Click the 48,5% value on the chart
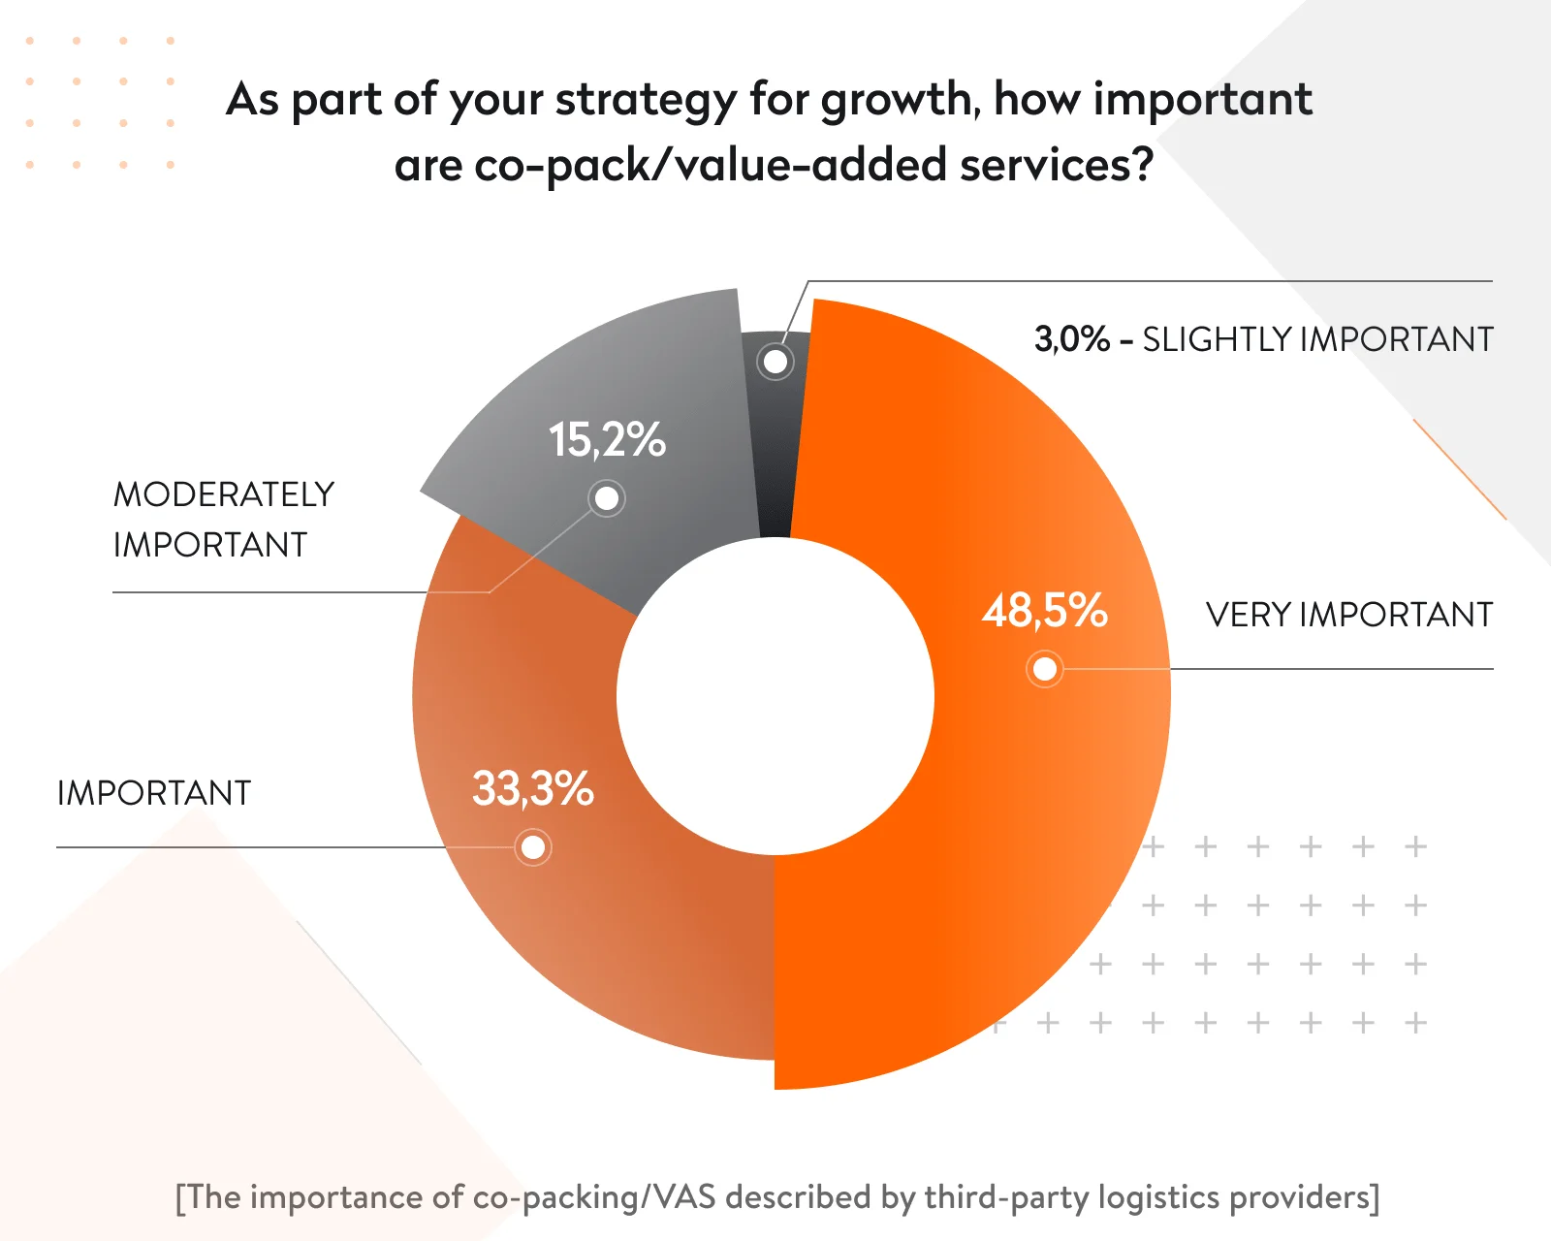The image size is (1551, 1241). click(x=1044, y=611)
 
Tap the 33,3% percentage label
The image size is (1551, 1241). click(x=532, y=788)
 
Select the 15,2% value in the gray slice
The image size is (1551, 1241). click(x=607, y=439)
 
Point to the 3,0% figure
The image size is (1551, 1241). click(x=1071, y=339)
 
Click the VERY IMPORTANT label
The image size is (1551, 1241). click(x=1348, y=615)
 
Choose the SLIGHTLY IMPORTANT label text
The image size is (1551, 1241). click(x=1317, y=339)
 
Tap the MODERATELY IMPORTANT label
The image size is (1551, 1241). click(x=223, y=520)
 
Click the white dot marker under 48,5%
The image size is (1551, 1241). click(x=1045, y=669)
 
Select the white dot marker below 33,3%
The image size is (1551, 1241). click(x=533, y=848)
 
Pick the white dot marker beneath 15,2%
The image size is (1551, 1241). click(x=607, y=498)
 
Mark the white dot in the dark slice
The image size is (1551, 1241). click(x=775, y=362)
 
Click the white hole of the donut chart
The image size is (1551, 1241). click(x=775, y=696)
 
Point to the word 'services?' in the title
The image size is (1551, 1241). click(x=1057, y=165)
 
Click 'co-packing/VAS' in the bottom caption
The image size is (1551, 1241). click(x=594, y=1197)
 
